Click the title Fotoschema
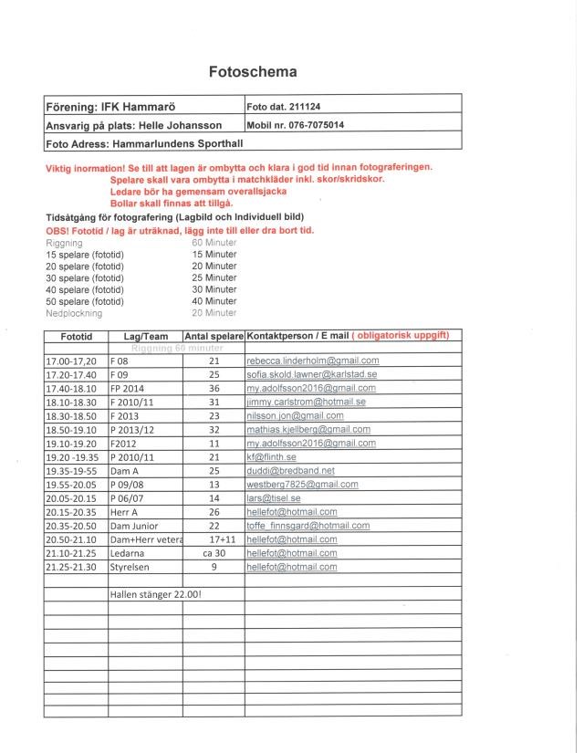pos(253,71)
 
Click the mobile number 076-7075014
pos(316,125)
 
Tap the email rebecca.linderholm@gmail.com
pos(312,361)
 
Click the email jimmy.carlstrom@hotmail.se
pos(306,402)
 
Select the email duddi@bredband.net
pos(284,470)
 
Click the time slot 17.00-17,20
pos(71,361)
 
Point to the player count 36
pos(214,388)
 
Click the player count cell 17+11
pos(214,539)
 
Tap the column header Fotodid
pos(76,336)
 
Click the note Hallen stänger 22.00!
pos(155,595)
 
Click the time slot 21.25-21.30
pos(71,567)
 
